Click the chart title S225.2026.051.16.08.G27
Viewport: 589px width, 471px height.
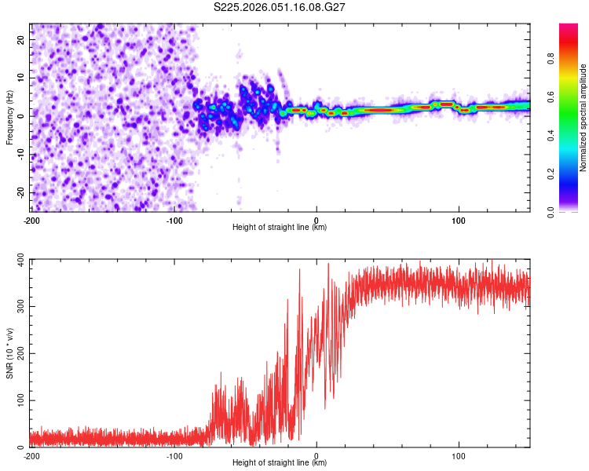pos(280,7)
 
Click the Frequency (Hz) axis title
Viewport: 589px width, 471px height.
pos(9,118)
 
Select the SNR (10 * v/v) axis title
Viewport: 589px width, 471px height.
pos(9,353)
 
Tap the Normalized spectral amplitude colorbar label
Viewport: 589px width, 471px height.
pos(583,118)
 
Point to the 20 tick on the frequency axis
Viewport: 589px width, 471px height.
pos(21,38)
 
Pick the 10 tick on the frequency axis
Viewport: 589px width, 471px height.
pos(21,77)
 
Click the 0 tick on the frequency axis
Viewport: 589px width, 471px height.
pos(24,115)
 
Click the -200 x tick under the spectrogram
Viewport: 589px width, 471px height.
pos(32,220)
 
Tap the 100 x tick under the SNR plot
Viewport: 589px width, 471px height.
pos(459,455)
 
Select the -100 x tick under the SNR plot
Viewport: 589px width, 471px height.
pos(174,455)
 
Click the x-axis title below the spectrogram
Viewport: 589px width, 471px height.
pos(280,228)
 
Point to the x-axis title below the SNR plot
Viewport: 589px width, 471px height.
pos(280,463)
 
